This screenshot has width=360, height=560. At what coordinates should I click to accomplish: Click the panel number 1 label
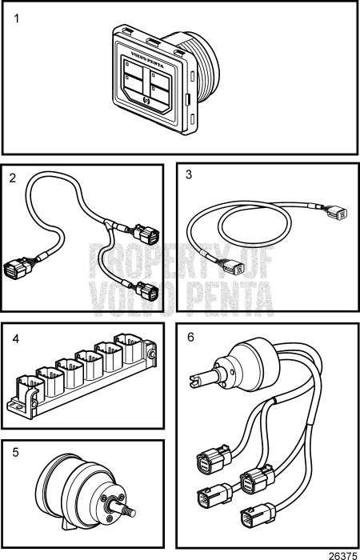point(17,18)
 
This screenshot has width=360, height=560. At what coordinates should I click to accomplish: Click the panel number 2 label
point(13,178)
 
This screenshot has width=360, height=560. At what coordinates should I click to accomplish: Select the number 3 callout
point(188,174)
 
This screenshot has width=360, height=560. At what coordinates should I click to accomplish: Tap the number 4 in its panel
point(15,338)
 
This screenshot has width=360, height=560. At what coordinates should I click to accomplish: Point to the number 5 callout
point(15,452)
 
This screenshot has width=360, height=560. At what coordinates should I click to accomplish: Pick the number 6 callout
point(190,337)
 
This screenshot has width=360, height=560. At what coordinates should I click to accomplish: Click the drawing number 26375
point(343,554)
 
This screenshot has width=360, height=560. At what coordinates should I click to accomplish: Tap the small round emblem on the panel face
point(146,100)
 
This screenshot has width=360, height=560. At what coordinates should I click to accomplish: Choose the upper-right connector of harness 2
point(146,234)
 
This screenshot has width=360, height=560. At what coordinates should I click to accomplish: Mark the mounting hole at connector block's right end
point(153,354)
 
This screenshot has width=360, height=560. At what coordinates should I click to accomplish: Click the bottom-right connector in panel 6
point(257,513)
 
